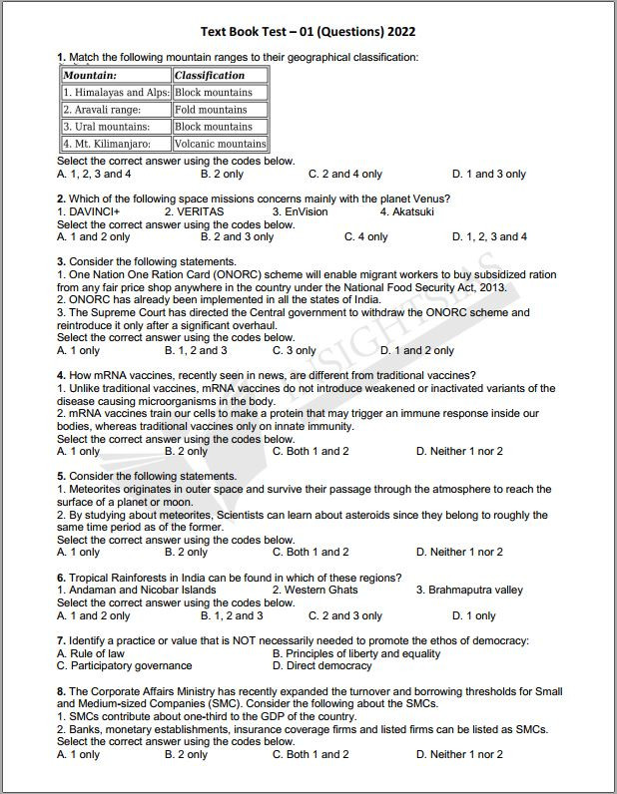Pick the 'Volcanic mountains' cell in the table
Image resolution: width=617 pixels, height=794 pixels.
(x=220, y=144)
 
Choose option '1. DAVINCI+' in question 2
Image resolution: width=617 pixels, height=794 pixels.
(x=89, y=211)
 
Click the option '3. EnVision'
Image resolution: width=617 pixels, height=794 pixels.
(x=300, y=211)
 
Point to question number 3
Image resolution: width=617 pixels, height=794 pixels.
(x=61, y=261)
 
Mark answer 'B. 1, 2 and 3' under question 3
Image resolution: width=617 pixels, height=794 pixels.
(x=196, y=350)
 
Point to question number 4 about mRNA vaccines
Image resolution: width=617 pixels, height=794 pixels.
(x=61, y=375)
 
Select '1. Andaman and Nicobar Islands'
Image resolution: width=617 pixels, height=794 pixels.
(x=136, y=590)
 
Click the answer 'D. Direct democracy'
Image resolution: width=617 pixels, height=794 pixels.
(x=321, y=665)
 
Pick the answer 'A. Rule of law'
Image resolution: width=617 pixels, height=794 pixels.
(x=91, y=653)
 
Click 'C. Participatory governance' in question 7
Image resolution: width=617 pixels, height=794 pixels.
(x=124, y=665)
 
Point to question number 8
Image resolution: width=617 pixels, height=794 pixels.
(x=61, y=691)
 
